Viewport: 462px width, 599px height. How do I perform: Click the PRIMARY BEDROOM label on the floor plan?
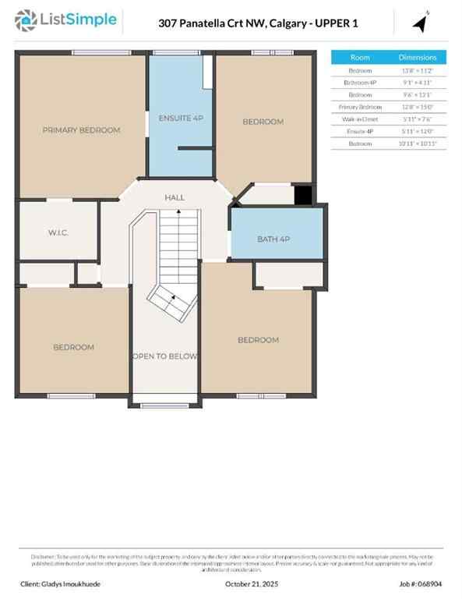(x=81, y=130)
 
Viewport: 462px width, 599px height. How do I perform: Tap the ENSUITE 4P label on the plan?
(x=181, y=118)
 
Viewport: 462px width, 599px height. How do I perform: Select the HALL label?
(x=175, y=198)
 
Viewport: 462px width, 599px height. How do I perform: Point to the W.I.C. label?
(x=59, y=232)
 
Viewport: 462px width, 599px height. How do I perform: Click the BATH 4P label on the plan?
(x=273, y=239)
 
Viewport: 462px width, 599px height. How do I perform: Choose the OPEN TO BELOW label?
(x=164, y=356)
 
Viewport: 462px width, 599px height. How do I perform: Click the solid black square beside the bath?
(x=303, y=194)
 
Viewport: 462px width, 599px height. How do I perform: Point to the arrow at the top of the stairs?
(x=178, y=211)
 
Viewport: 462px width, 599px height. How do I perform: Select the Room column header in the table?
(x=360, y=58)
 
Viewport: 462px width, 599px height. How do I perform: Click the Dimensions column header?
(x=418, y=58)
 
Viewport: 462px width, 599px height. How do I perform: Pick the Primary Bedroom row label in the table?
(x=360, y=107)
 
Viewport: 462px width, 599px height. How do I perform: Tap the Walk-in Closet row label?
(x=360, y=119)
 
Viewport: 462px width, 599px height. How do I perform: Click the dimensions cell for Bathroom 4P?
(x=418, y=83)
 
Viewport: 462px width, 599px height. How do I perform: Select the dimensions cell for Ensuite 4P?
(x=418, y=132)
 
